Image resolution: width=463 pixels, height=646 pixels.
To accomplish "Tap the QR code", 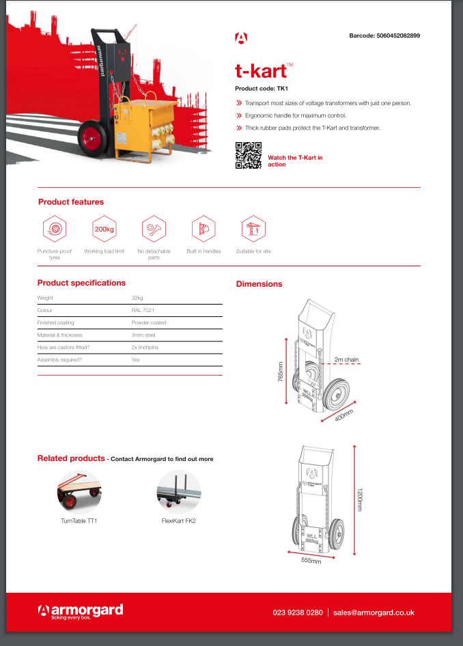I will click(248, 155).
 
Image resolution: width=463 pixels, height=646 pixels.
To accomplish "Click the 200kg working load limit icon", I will click(104, 229).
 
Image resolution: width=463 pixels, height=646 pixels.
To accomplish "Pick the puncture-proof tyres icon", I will click(55, 229).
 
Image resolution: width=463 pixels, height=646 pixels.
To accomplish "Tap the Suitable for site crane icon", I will click(253, 229).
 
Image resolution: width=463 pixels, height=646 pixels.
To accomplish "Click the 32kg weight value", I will click(137, 298).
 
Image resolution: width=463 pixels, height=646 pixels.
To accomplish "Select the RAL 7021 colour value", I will click(143, 310).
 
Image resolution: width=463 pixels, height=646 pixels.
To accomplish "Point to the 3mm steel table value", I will click(143, 335).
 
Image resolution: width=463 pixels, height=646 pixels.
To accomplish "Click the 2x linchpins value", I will click(145, 347).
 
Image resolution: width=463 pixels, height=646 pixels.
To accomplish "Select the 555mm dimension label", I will click(311, 562).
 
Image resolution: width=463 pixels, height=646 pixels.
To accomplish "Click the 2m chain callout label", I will click(346, 359).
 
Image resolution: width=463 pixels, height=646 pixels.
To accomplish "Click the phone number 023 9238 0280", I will click(297, 613).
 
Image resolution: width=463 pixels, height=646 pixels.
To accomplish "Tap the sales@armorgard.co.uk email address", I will click(374, 613).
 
